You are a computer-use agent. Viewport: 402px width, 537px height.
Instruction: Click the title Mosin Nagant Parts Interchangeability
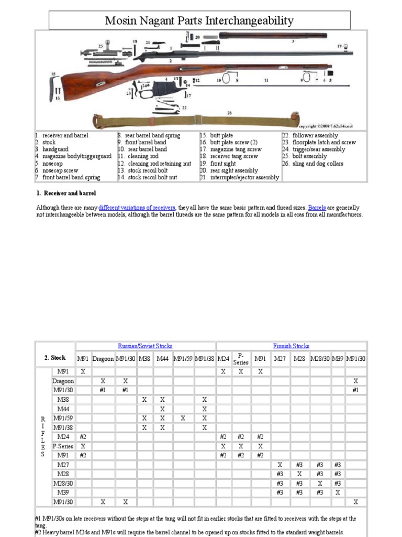pos(199,21)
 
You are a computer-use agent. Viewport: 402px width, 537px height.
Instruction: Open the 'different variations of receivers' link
pos(137,208)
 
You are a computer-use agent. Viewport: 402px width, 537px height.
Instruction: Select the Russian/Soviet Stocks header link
pos(145,346)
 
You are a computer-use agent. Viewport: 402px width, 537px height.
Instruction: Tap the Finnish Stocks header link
pos(291,346)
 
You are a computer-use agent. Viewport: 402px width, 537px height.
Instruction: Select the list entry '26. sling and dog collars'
pos(312,164)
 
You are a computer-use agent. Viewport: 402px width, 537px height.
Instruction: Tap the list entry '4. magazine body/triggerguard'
pos(73,156)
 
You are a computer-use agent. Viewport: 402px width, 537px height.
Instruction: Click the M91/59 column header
pos(183,358)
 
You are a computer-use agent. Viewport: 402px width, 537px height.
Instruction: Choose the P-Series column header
pos(241,358)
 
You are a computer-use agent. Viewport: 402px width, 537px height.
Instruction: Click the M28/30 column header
pos(320,358)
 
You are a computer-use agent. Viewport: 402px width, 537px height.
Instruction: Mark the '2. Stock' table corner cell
pos(55,358)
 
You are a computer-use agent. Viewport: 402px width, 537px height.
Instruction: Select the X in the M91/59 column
pos(183,418)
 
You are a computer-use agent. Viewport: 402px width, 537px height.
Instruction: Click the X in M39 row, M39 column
pos(338,492)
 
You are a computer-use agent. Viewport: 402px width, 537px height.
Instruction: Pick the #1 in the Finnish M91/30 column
pos(355,390)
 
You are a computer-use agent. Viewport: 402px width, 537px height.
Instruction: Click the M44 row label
pos(63,409)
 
